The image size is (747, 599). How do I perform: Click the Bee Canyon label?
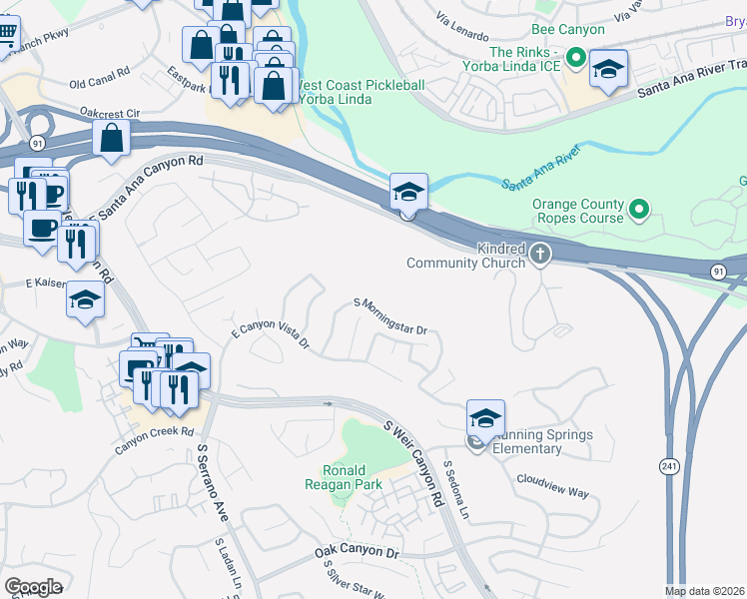point(568,30)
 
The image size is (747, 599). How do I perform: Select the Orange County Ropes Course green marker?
point(639,210)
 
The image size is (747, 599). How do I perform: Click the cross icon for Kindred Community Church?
point(541,254)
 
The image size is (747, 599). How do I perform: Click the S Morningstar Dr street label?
point(390,315)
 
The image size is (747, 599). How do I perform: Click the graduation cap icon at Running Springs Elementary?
point(485,417)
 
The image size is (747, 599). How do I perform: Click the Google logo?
point(33,587)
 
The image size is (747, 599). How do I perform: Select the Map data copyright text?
point(705,591)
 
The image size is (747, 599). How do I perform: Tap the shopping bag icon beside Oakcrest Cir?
point(112,139)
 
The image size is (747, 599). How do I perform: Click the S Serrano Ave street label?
point(213,483)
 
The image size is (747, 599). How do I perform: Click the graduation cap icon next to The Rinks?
point(608,69)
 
